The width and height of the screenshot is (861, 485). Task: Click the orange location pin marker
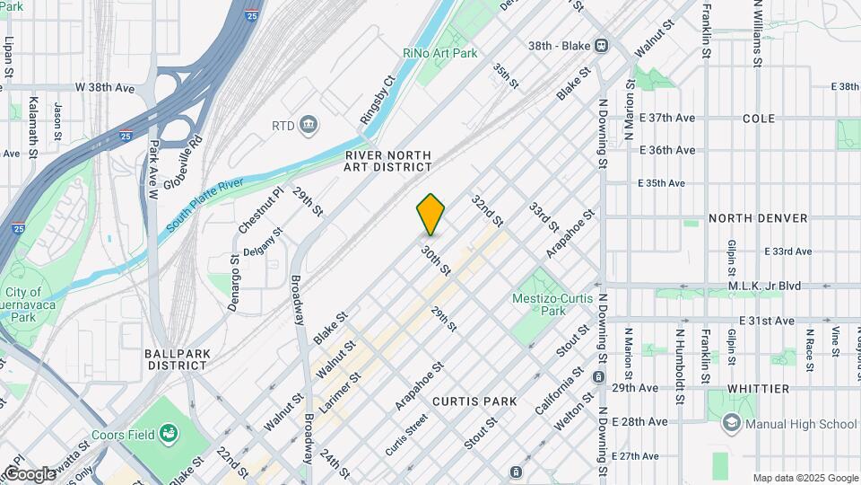pyautogui.click(x=430, y=214)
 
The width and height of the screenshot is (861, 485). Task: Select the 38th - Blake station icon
pyautogui.click(x=600, y=45)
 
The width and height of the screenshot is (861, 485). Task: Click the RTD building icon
pyautogui.click(x=309, y=124)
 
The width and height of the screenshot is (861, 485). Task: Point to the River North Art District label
pyautogui.click(x=388, y=161)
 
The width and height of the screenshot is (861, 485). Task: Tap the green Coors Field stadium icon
pyautogui.click(x=168, y=436)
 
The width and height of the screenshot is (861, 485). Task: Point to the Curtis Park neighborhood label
pyautogui.click(x=474, y=401)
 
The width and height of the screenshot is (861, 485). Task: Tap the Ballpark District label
pyautogui.click(x=178, y=359)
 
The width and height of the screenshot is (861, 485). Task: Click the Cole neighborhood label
pyautogui.click(x=759, y=119)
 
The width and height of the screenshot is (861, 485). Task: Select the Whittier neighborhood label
pyautogui.click(x=758, y=389)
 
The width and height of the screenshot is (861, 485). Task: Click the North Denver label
pyautogui.click(x=758, y=218)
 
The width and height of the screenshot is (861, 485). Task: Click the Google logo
pyautogui.click(x=29, y=473)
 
